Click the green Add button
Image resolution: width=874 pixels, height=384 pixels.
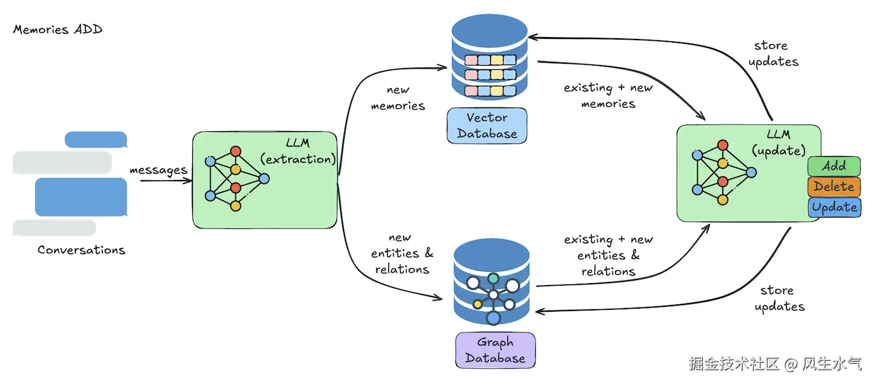834,166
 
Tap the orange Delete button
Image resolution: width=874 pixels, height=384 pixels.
834,187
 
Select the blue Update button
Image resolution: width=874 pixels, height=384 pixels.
834,207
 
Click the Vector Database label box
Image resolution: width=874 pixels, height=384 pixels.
487,126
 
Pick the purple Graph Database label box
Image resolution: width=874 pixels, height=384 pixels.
495,350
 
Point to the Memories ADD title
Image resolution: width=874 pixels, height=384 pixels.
58,29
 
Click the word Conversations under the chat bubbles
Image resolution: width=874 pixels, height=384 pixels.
81,250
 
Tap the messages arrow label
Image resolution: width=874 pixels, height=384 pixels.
158,170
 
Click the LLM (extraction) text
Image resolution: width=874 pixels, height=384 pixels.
297,151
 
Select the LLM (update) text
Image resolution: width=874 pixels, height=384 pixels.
778,143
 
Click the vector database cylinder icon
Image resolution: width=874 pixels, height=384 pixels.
490,57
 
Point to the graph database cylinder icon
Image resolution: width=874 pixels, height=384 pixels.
492,282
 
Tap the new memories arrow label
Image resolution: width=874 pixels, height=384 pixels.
398,98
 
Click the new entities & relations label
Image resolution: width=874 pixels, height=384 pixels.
402,253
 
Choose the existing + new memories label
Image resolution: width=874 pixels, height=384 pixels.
608,95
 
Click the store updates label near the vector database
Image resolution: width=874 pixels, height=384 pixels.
773,53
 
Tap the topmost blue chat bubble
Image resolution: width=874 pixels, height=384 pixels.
96,140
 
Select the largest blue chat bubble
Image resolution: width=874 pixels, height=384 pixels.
81,197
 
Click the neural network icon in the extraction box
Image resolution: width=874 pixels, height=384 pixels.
237,179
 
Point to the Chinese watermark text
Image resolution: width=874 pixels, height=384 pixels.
775,364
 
